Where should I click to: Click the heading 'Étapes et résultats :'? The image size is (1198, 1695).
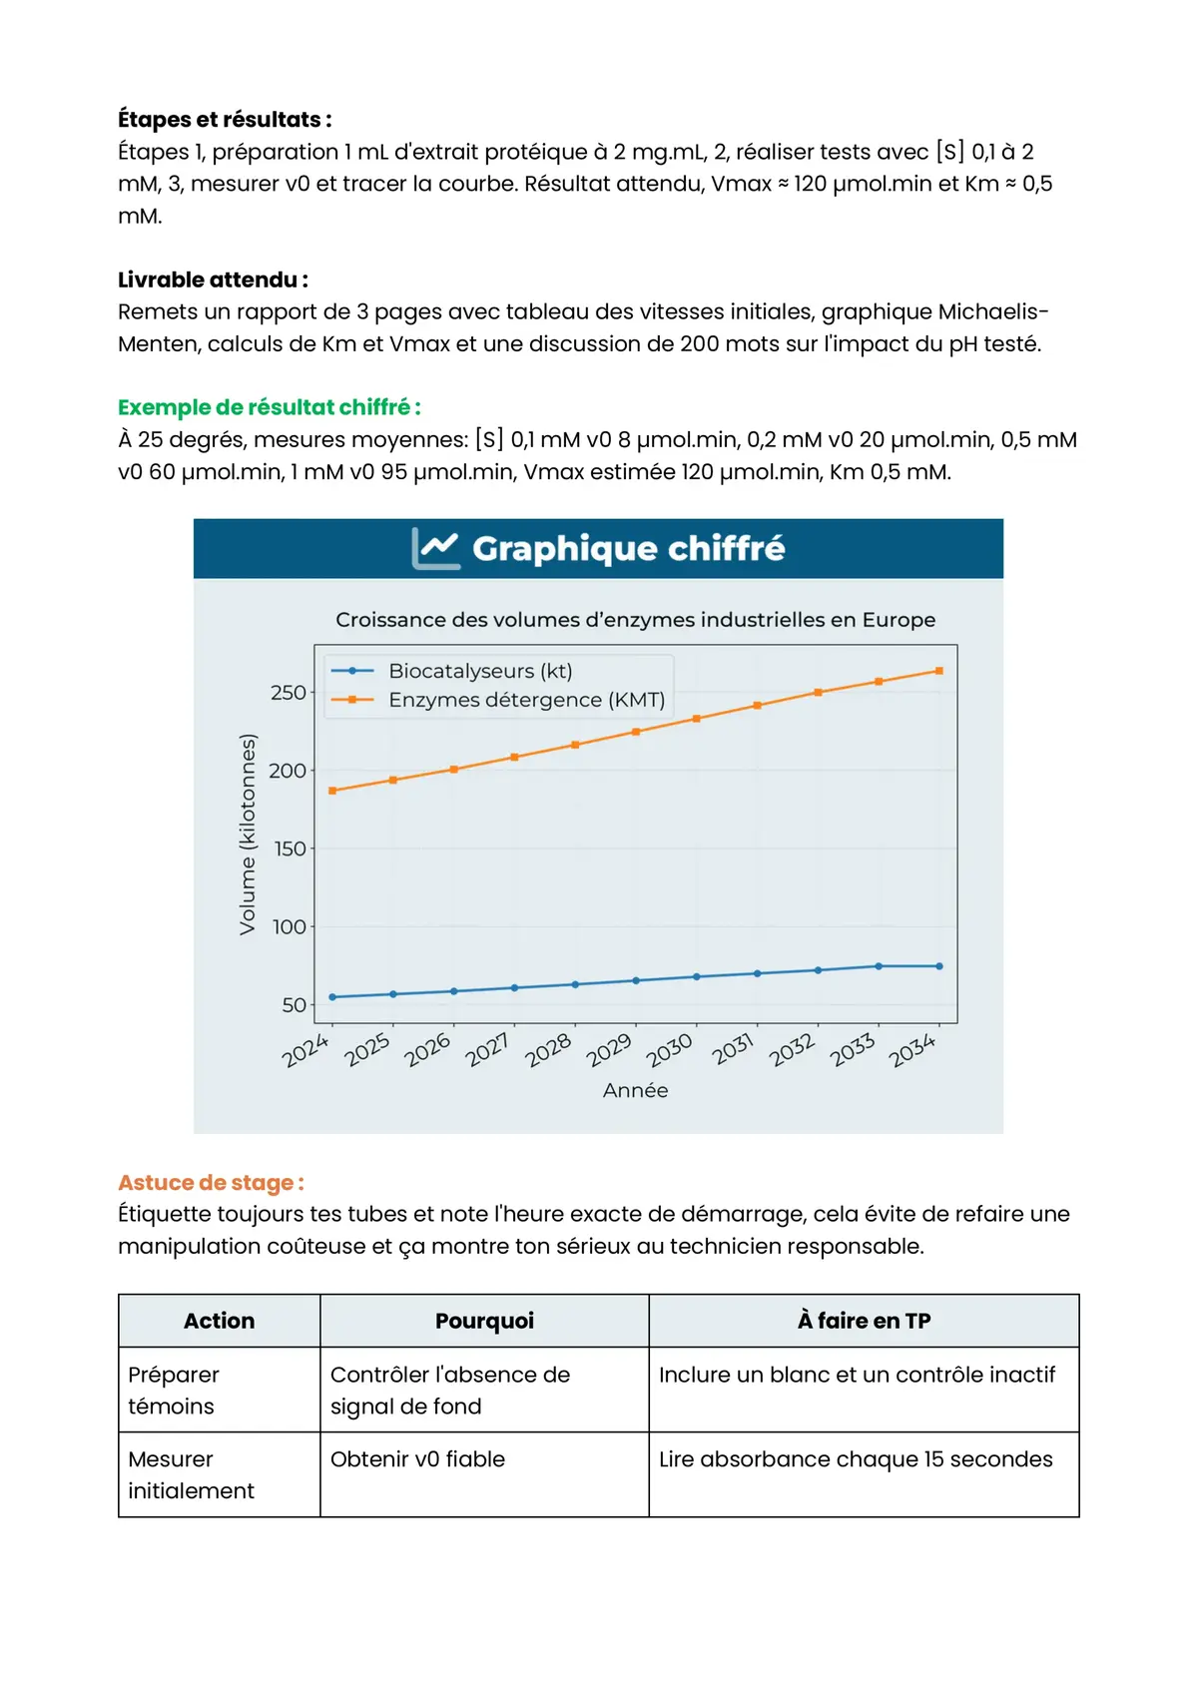pyautogui.click(x=225, y=120)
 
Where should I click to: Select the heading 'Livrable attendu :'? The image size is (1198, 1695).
pyautogui.click(x=213, y=280)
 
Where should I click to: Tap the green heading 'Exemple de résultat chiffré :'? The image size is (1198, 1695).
pyautogui.click(x=269, y=407)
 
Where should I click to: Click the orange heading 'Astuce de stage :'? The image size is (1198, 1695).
pyautogui.click(x=211, y=1183)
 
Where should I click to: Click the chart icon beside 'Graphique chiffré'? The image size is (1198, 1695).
pyautogui.click(x=435, y=548)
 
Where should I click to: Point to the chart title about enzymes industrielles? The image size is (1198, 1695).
pyautogui.click(x=635, y=620)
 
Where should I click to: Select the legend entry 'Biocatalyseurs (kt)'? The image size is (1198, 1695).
pyautogui.click(x=480, y=671)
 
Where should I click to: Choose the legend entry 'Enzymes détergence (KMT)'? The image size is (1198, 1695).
pyautogui.click(x=526, y=700)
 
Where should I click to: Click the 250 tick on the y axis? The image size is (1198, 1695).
pyautogui.click(x=288, y=693)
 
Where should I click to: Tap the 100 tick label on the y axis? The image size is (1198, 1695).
pyautogui.click(x=289, y=927)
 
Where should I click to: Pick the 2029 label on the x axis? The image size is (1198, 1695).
pyautogui.click(x=609, y=1049)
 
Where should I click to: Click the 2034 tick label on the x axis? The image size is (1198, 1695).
pyautogui.click(x=911, y=1049)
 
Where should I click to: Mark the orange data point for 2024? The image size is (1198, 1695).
pyautogui.click(x=332, y=791)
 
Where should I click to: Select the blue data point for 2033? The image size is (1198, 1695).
pyautogui.click(x=879, y=966)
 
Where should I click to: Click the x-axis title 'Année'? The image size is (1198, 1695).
pyautogui.click(x=635, y=1091)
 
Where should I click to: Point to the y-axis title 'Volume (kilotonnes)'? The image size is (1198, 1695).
pyautogui.click(x=248, y=835)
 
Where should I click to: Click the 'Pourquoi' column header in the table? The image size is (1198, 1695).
pyautogui.click(x=484, y=1321)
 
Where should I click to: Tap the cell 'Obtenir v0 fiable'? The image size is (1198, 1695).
pyautogui.click(x=417, y=1459)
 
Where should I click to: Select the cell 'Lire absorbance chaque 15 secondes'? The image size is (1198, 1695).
pyautogui.click(x=856, y=1459)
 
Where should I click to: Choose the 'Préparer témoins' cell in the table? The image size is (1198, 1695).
pyautogui.click(x=173, y=1390)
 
